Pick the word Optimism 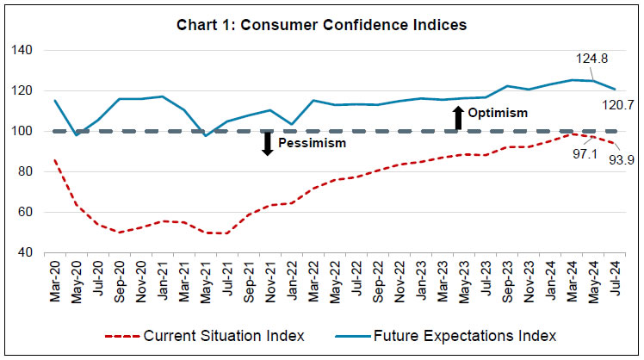tap(498, 113)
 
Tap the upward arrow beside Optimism tap(458, 117)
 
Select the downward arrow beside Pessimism tap(268, 143)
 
